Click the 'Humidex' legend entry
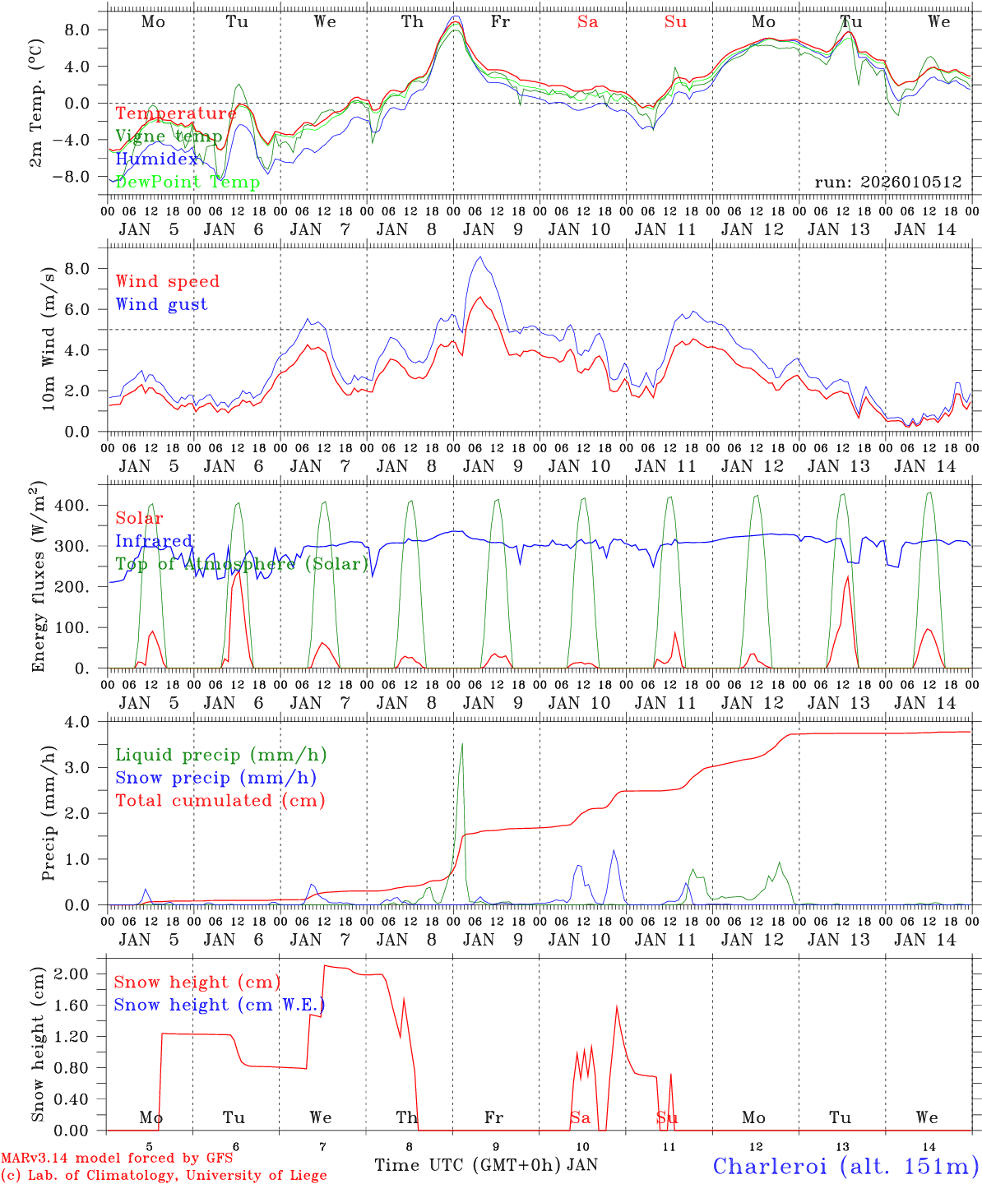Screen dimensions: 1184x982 click(157, 160)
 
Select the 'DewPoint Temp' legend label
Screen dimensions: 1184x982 click(188, 182)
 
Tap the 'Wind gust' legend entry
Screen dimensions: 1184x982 click(161, 304)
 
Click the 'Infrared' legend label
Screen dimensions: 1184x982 click(154, 541)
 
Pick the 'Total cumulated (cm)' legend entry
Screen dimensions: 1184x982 click(220, 800)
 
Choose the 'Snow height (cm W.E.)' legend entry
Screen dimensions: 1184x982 click(219, 1005)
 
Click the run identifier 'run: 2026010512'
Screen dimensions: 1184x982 click(887, 182)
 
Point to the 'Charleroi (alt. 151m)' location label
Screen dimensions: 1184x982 click(846, 1166)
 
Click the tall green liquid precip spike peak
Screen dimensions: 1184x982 click(462, 745)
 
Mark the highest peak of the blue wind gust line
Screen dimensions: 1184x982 click(480, 257)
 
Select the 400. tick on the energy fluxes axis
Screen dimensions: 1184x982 click(82, 505)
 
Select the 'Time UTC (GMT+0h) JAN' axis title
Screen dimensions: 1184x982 click(486, 1165)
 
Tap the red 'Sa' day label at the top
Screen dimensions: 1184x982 click(587, 22)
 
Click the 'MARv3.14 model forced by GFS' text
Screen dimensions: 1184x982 click(117, 1159)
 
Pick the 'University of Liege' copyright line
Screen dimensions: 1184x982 click(164, 1176)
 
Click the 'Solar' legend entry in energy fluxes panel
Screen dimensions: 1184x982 click(139, 518)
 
